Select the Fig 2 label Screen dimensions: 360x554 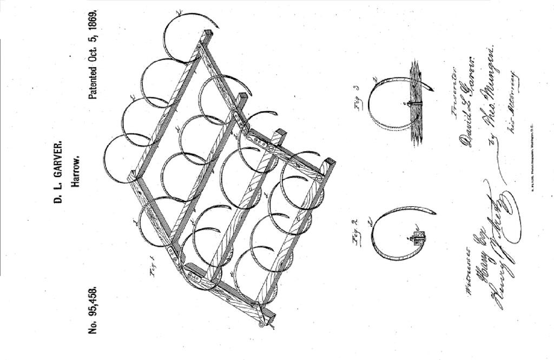pyautogui.click(x=355, y=231)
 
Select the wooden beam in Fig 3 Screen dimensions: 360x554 pyautogui.click(x=415, y=103)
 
